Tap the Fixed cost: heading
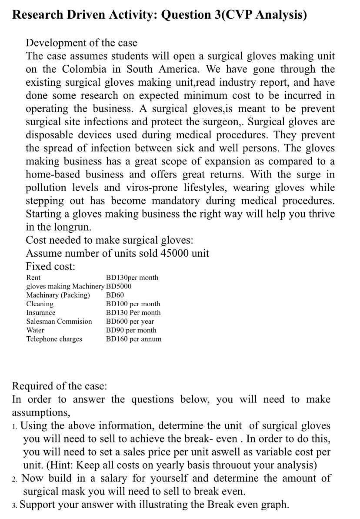[50, 266]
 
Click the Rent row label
[33, 278]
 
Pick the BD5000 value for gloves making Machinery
[119, 286]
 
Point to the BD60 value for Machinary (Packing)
[115, 295]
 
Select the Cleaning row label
[40, 304]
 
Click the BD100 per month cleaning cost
[133, 304]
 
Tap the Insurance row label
[41, 312]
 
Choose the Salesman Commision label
[59, 321]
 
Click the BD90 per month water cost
[131, 330]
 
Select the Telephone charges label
[54, 339]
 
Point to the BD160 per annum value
[133, 339]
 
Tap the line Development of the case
[81, 43]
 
